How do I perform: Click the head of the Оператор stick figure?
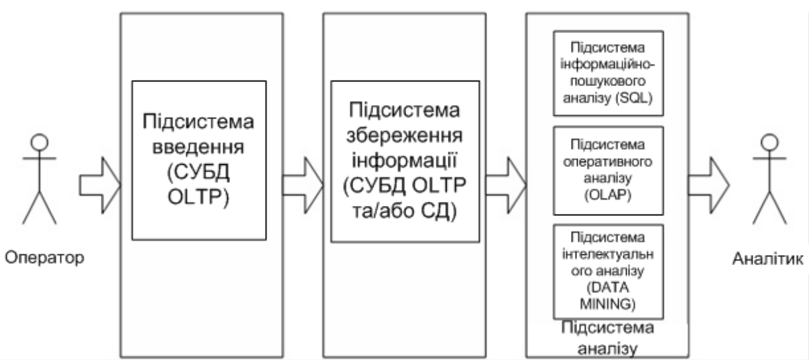coord(39,143)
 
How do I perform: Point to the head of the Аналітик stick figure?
coord(767,143)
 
